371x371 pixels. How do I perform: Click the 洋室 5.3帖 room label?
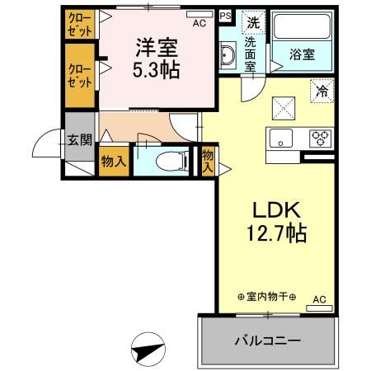click(158, 57)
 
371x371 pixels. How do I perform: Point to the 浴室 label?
click(303, 55)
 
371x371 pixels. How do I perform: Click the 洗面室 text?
click(251, 54)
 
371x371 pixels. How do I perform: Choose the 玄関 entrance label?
click(79, 140)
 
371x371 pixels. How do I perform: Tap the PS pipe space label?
click(225, 15)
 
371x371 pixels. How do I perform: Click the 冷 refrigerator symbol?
click(320, 92)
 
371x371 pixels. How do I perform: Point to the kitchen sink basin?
click(279, 138)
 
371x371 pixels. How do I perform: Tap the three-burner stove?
click(321, 138)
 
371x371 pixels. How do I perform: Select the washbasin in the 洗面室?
click(228, 56)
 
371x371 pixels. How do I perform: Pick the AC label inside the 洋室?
click(198, 23)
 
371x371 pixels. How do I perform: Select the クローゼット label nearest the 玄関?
click(80, 75)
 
